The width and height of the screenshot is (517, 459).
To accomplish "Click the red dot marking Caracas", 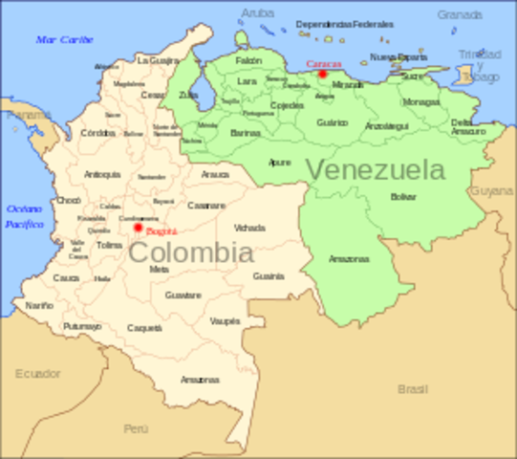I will [x=323, y=74].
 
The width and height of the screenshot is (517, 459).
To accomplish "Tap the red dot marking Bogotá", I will [x=138, y=228].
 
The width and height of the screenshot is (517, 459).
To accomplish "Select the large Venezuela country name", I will [x=375, y=170].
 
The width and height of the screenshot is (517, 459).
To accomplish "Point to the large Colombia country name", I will [x=191, y=253].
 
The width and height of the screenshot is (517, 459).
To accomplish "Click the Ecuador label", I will [x=37, y=373].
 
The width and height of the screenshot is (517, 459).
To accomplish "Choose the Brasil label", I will [x=413, y=389].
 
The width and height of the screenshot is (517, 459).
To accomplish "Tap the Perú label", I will [x=136, y=428].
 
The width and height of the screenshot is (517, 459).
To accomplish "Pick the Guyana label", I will [x=491, y=191].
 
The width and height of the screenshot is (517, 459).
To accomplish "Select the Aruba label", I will [x=257, y=13].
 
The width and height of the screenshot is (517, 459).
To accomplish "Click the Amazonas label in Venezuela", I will [x=349, y=258].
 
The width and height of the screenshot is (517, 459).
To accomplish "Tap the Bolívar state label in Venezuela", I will [x=403, y=196].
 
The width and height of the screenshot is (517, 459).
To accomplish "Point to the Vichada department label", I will [x=249, y=229].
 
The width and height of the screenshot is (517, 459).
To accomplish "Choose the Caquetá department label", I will [x=144, y=328].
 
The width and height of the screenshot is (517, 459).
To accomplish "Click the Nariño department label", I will [x=39, y=305].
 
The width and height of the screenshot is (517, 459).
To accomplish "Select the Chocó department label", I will [x=69, y=201].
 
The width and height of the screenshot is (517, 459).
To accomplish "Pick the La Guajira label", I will [x=158, y=59].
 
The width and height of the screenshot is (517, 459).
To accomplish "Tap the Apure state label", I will [x=280, y=163].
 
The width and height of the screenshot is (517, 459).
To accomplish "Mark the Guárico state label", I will [x=332, y=123].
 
